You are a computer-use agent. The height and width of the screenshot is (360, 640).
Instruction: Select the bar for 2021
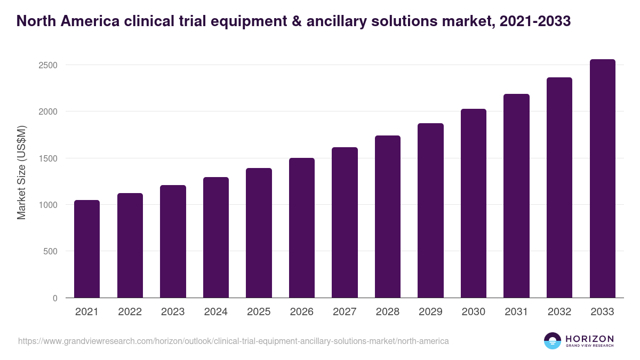(86, 249)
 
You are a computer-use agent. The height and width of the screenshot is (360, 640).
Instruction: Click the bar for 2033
(602, 179)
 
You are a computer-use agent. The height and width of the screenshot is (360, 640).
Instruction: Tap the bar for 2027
(345, 222)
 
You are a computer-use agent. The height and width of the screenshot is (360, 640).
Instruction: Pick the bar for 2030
(474, 203)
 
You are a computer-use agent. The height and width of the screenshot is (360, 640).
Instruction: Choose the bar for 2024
(215, 237)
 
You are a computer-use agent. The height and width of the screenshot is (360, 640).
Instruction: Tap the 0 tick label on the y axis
(54, 298)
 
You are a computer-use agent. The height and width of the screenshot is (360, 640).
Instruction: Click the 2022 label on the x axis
(130, 312)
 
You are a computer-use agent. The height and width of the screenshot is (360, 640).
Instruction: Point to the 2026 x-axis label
(301, 312)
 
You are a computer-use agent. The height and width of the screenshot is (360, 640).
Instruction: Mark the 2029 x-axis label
(430, 312)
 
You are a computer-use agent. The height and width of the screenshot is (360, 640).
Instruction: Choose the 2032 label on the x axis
(559, 312)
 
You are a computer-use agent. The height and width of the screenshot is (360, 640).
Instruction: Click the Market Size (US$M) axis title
(21, 173)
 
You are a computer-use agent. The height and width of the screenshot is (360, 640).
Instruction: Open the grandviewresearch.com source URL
(233, 341)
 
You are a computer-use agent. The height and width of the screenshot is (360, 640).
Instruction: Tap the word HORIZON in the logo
(589, 339)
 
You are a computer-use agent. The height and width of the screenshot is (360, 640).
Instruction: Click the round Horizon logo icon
(553, 341)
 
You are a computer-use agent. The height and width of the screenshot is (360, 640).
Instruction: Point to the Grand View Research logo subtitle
(589, 346)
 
